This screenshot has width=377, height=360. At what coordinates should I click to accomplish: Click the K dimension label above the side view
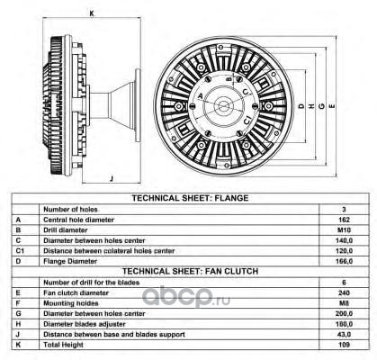92,13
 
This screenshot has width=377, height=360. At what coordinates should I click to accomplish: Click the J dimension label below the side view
112,179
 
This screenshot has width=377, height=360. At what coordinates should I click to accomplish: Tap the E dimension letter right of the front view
332,106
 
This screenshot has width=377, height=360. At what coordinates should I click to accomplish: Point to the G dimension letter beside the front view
321,106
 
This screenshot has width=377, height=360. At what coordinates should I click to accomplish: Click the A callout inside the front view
201,96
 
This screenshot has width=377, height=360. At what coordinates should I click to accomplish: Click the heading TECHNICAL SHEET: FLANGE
190,198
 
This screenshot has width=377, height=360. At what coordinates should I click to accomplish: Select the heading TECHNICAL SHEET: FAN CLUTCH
190,271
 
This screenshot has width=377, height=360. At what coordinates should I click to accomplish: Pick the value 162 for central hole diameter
344,220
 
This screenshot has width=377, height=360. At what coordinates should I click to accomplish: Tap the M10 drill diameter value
344,230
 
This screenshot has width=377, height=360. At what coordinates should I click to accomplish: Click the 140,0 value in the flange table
344,240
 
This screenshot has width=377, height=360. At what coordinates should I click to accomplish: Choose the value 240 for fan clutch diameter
344,292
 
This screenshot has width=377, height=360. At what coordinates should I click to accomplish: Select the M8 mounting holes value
344,303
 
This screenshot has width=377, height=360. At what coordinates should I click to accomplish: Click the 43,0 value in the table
344,334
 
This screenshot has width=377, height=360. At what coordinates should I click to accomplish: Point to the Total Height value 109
344,345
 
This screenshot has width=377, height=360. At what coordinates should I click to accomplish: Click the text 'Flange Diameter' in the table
70,261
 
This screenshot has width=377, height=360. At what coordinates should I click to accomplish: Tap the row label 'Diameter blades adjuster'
85,324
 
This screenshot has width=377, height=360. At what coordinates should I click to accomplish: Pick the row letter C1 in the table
20,251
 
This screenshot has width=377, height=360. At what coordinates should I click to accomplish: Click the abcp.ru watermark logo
186,296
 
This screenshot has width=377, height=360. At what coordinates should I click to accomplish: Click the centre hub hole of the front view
223,105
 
